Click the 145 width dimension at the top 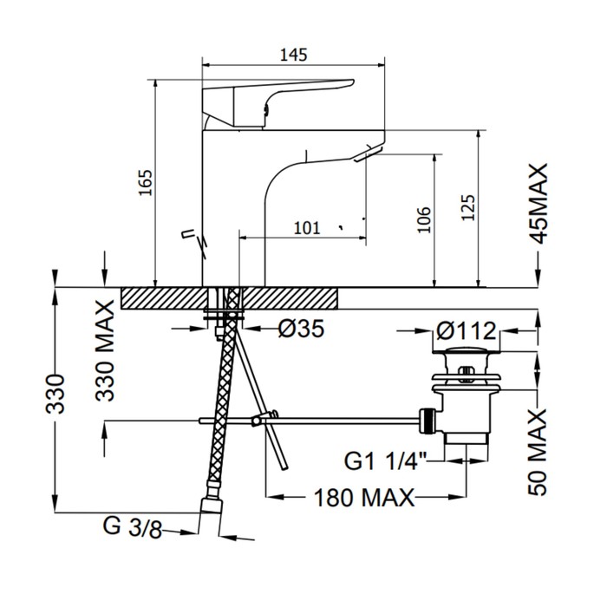[x=293, y=55]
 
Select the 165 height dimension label [x=147, y=183]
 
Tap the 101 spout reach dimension [x=307, y=228]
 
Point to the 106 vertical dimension [x=424, y=220]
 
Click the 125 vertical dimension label [x=468, y=208]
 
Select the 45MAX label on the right [x=538, y=204]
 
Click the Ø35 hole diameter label [x=301, y=329]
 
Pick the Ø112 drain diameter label [x=467, y=331]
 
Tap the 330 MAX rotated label [x=105, y=350]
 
